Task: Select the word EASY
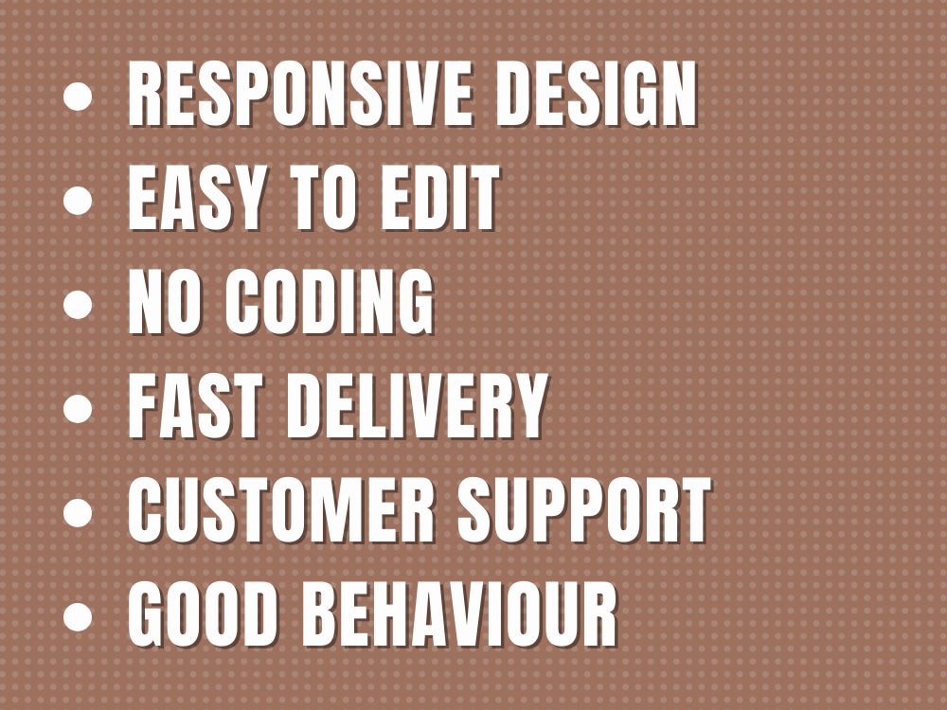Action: [x=190, y=200]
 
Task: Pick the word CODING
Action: [x=331, y=304]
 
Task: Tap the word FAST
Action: [x=198, y=408]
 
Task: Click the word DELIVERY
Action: [x=417, y=408]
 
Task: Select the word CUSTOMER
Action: [x=284, y=512]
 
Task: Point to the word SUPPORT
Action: [x=583, y=512]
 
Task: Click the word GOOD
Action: [x=209, y=616]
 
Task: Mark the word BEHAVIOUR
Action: [x=464, y=616]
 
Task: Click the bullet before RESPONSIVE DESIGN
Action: [x=79, y=97]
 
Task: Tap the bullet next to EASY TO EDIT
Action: [x=79, y=201]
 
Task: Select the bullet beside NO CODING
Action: [x=79, y=305]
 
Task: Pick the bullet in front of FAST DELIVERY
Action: [x=79, y=409]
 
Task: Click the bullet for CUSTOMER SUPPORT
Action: [x=79, y=513]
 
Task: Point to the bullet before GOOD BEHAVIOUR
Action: [x=79, y=617]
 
